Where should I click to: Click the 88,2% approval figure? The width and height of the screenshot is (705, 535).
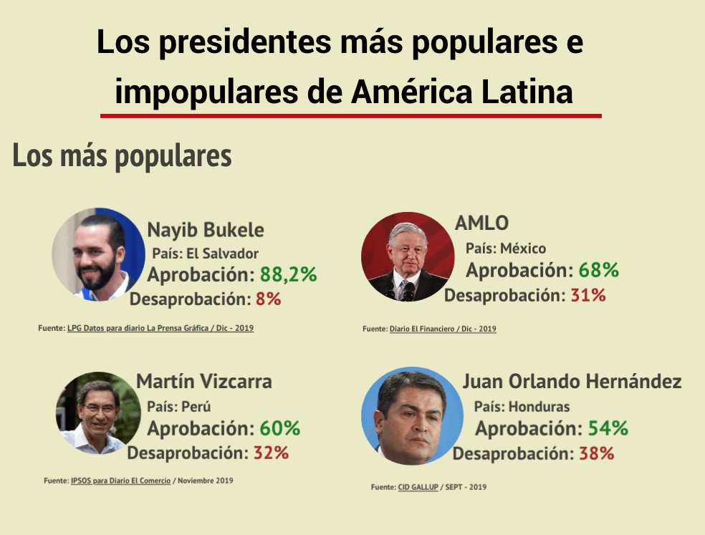pyautogui.click(x=288, y=275)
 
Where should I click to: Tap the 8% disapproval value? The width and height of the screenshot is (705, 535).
pyautogui.click(x=268, y=299)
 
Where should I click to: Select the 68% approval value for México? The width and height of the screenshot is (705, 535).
pyautogui.click(x=598, y=271)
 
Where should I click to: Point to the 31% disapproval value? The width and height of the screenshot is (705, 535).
pyautogui.click(x=588, y=294)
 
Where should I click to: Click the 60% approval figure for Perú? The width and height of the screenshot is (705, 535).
pyautogui.click(x=279, y=428)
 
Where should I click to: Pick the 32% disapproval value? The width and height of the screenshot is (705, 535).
pyautogui.click(x=271, y=453)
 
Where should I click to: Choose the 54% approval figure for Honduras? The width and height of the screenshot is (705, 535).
pyautogui.click(x=608, y=428)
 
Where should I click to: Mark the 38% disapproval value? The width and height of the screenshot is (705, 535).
pyautogui.click(x=597, y=453)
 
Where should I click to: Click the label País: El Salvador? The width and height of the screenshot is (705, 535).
pyautogui.click(x=206, y=254)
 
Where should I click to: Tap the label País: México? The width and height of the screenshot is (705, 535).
pyautogui.click(x=506, y=249)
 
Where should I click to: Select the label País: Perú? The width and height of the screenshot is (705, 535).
pyautogui.click(x=179, y=406)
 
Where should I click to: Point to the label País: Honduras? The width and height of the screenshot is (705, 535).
pyautogui.click(x=522, y=407)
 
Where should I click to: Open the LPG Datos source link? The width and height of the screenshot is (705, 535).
pyautogui.click(x=160, y=328)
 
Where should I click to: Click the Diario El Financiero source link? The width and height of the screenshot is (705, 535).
pyautogui.click(x=443, y=329)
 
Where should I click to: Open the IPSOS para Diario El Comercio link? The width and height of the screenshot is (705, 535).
pyautogui.click(x=120, y=481)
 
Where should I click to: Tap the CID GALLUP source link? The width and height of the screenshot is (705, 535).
pyautogui.click(x=418, y=487)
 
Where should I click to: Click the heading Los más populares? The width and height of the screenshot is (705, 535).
pyautogui.click(x=123, y=156)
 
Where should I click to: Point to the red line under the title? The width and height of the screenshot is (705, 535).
pyautogui.click(x=350, y=115)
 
